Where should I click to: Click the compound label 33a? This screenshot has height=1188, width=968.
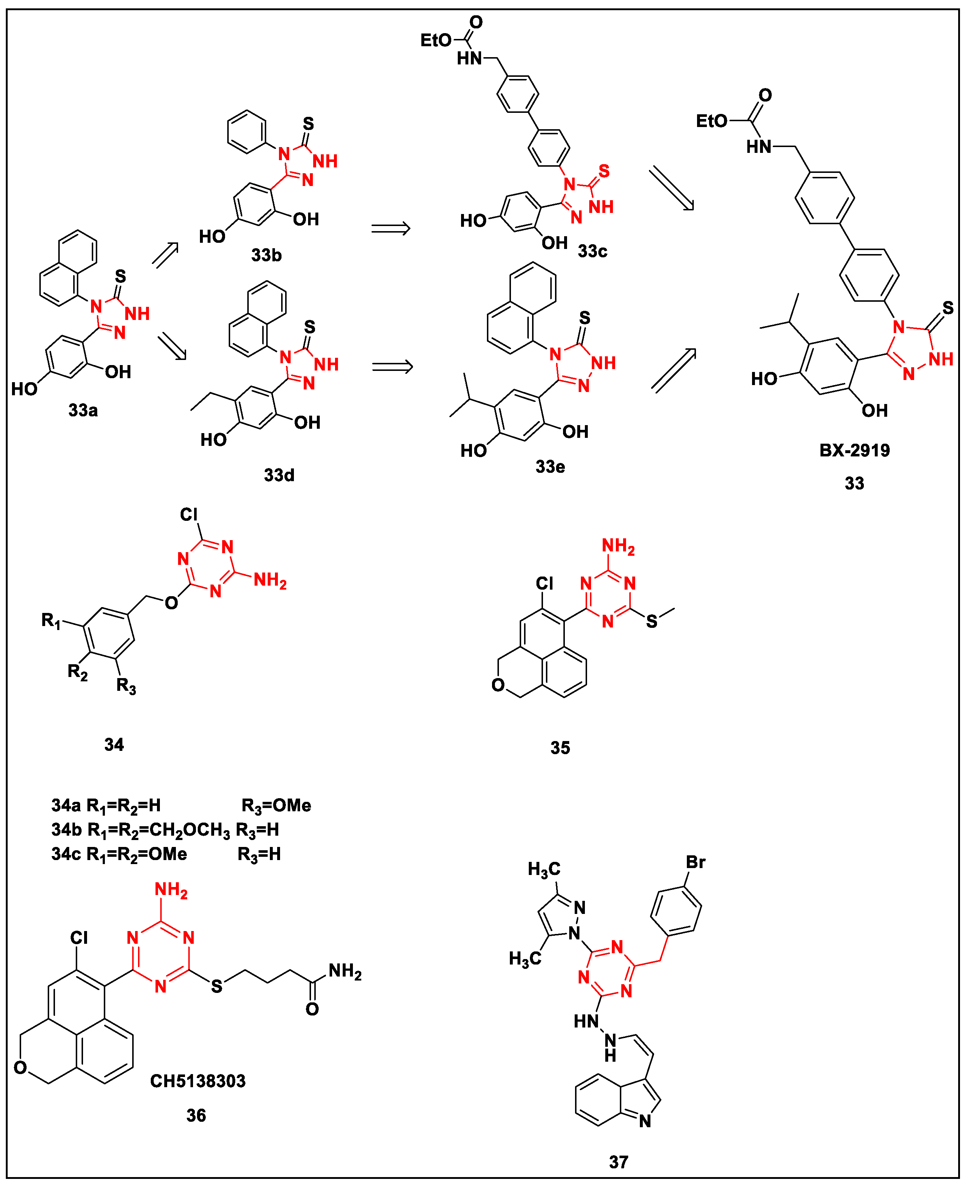click(x=83, y=410)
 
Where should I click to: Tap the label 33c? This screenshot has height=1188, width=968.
click(x=592, y=251)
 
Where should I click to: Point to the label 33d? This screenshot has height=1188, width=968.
click(x=279, y=475)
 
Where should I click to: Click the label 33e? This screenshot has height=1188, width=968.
click(x=550, y=467)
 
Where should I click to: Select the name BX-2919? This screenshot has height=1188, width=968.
click(x=854, y=450)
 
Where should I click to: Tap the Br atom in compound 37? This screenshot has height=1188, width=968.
click(x=695, y=862)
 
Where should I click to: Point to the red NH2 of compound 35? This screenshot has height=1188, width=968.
click(x=618, y=546)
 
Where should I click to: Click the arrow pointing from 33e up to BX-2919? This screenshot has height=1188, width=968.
click(x=674, y=370)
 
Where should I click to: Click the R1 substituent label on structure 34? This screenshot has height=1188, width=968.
click(x=51, y=620)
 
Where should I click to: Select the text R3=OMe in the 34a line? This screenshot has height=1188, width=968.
click(x=276, y=806)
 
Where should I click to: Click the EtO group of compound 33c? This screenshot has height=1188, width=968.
click(x=436, y=40)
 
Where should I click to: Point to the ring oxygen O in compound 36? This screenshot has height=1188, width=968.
click(x=21, y=1068)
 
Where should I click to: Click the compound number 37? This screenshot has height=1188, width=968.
click(x=618, y=1163)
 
